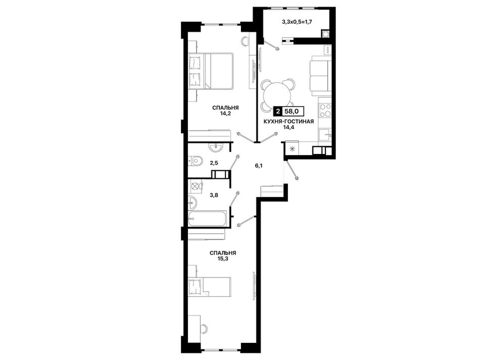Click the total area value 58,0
[292, 112]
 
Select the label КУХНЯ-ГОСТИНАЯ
[289, 122]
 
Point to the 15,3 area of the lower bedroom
[223, 259]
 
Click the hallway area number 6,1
[259, 166]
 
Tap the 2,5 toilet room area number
[214, 163]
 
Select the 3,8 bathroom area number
[214, 194]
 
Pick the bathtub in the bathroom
[207, 219]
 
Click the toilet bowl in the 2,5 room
[196, 161]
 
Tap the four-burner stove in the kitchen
[325, 111]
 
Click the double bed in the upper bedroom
[211, 71]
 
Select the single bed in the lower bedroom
[209, 287]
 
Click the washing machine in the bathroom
[196, 186]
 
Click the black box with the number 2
[278, 112]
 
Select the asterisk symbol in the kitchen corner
[292, 149]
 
